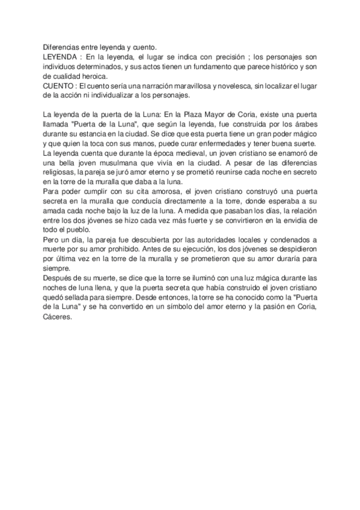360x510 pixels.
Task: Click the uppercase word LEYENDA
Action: coord(59,55)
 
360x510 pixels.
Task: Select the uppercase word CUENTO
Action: coord(58,86)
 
